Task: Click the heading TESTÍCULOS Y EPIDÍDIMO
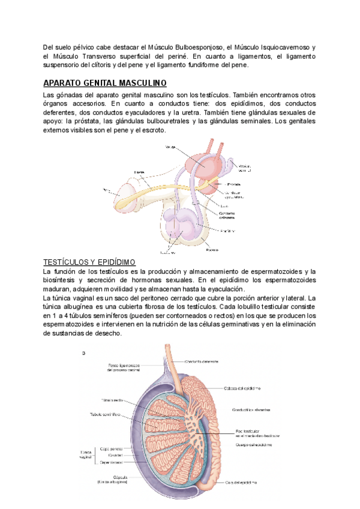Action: click(90, 262)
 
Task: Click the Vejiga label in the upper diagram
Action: click(170, 146)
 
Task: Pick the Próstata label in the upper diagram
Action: click(234, 184)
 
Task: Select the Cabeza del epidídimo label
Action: click(242, 388)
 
